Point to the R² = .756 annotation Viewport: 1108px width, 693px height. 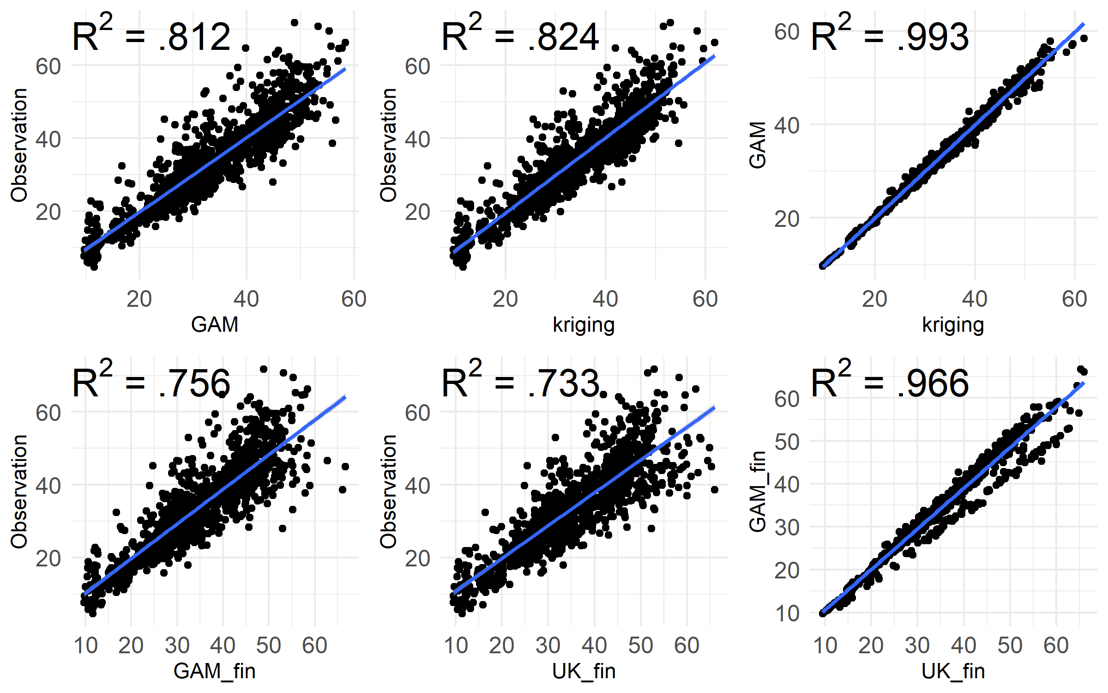[151, 383]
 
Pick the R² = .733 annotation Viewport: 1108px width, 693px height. [520, 383]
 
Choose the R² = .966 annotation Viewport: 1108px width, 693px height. [890, 383]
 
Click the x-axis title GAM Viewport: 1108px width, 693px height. [215, 324]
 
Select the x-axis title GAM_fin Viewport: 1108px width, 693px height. [215, 671]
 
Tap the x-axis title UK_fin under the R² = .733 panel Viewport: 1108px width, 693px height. [584, 671]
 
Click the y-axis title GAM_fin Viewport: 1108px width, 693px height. [758, 492]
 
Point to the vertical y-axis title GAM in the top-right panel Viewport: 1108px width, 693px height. [758, 145]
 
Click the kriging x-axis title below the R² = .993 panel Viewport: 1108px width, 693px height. [953, 324]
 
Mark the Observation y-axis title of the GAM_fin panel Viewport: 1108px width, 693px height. [19, 492]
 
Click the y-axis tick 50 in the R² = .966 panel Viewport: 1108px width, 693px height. [787, 442]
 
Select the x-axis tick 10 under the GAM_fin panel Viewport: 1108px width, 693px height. [85, 645]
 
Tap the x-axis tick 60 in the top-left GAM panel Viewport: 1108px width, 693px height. [354, 299]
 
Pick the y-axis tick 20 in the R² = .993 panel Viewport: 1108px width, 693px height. [787, 219]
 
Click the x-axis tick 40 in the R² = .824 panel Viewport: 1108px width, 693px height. [605, 299]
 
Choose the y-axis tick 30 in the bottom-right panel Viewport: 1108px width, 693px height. [787, 527]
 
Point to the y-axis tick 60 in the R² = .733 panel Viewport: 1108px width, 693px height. [418, 413]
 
